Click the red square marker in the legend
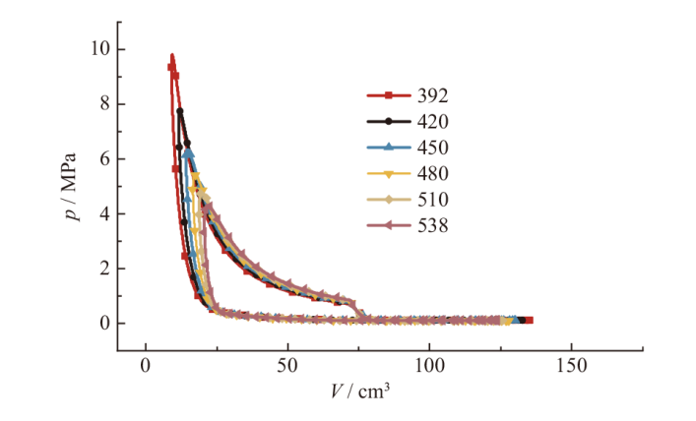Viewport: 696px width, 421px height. pyautogui.click(x=389, y=95)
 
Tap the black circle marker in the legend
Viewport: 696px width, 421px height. pyautogui.click(x=389, y=122)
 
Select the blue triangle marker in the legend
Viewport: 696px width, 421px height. pyautogui.click(x=389, y=148)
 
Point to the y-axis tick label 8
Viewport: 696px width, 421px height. pyautogui.click(x=103, y=104)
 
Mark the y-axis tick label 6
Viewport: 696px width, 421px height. pyautogui.click(x=103, y=159)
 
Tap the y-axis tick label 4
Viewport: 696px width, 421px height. pyautogui.click(x=103, y=213)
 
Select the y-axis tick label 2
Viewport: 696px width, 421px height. pyautogui.click(x=103, y=269)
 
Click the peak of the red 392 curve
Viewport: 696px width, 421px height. pyautogui.click(x=172, y=55)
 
